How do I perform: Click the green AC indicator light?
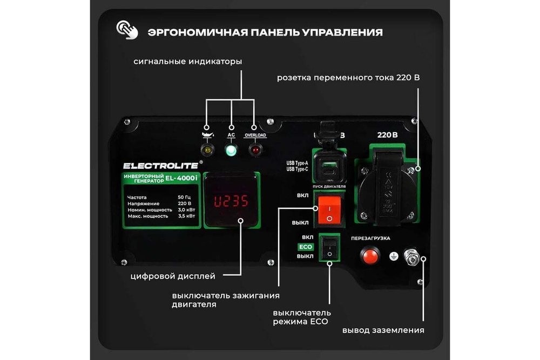tap(231, 150)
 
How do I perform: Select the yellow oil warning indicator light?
tap(206, 150)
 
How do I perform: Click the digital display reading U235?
tap(231, 201)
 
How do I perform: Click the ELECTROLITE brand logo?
tap(160, 165)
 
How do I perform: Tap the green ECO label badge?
tap(306, 247)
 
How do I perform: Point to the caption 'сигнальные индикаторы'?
tap(187, 62)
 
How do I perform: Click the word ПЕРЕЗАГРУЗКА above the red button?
tap(370, 238)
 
